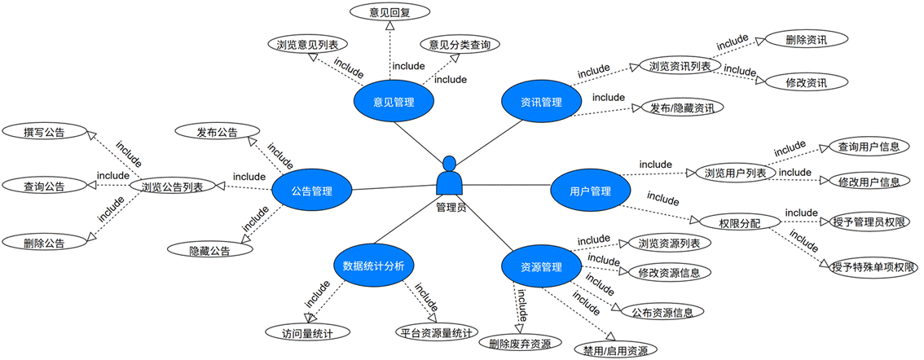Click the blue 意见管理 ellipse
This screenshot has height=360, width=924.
coord(394,102)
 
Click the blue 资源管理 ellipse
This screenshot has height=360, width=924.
coord(541,266)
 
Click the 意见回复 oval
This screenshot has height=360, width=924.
coord(389,12)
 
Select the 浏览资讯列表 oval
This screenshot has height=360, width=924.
coord(680,65)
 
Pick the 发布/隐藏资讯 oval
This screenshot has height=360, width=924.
coord(682,108)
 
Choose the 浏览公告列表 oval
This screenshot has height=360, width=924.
coord(172,187)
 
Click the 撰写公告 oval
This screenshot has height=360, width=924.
coord(44,130)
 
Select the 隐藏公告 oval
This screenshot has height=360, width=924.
coord(209,250)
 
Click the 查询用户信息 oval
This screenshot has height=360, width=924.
coord(869,147)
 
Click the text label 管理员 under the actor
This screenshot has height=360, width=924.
coord(451,207)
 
